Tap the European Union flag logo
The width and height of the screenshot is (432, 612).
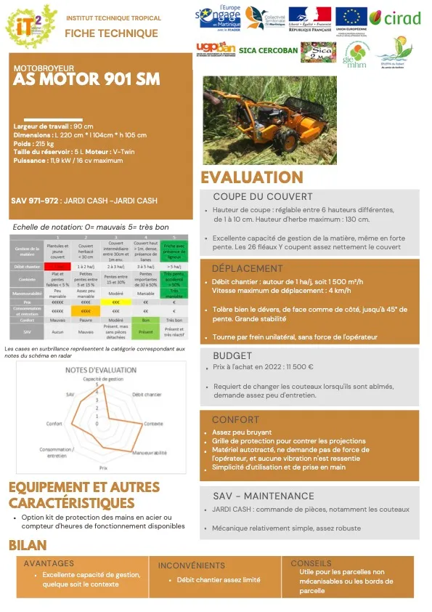click(352, 17)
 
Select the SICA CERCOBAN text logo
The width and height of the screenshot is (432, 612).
click(258, 50)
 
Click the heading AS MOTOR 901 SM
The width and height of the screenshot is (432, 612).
click(86, 80)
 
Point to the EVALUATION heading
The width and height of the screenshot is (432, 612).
click(252, 177)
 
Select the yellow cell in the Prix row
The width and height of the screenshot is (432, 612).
click(115, 300)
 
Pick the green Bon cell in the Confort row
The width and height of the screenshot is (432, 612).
click(145, 319)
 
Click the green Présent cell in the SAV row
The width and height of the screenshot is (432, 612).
click(145, 331)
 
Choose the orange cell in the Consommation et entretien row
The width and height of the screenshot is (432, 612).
click(86, 310)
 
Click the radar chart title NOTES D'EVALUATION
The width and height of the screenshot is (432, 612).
click(101, 370)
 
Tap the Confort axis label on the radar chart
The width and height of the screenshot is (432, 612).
click(54, 423)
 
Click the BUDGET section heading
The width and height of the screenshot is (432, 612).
click(232, 355)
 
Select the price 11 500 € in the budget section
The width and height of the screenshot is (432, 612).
click(296, 368)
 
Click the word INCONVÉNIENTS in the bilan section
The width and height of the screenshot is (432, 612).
click(191, 565)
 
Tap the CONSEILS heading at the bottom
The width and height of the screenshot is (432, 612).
click(311, 563)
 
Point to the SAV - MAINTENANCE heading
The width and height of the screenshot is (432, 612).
click(263, 496)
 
